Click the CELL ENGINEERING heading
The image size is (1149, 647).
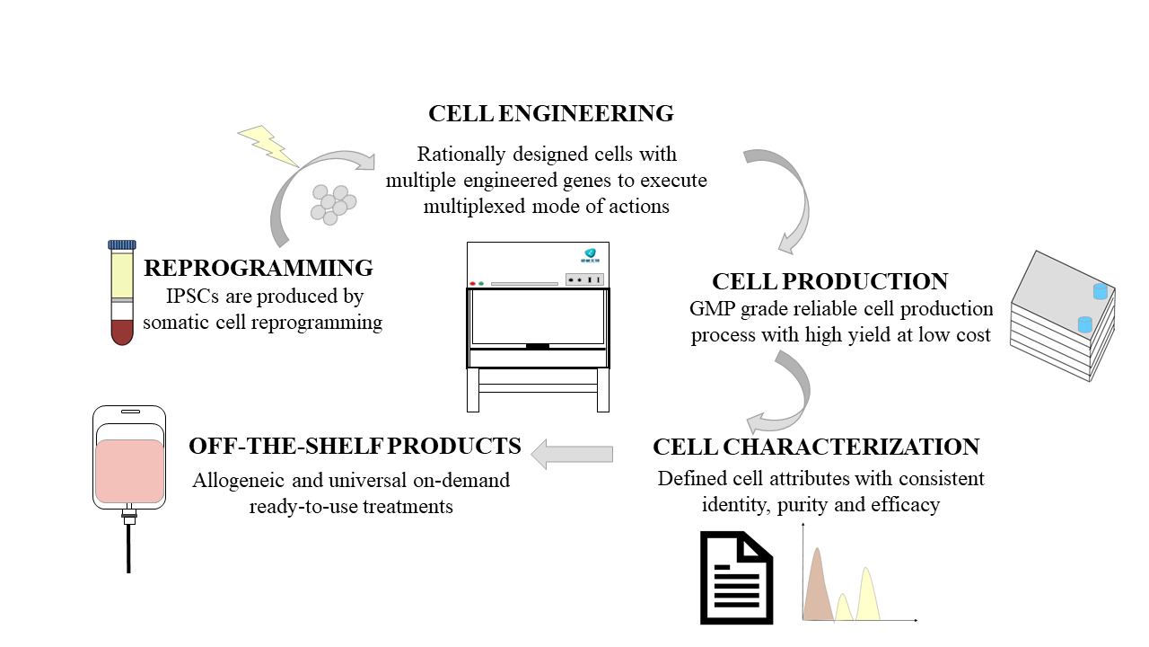(x=550, y=114)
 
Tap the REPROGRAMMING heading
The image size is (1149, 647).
(x=259, y=268)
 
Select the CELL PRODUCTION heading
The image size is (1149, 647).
(x=829, y=281)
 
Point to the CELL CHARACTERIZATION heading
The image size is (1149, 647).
(x=815, y=448)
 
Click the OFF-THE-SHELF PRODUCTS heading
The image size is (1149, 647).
(x=355, y=446)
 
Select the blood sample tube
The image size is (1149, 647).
(x=122, y=297)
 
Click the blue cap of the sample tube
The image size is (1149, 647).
(x=122, y=244)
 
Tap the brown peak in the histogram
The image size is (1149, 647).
(x=816, y=589)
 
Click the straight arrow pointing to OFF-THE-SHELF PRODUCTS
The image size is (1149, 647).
(x=572, y=453)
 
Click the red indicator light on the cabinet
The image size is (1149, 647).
(x=472, y=284)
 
